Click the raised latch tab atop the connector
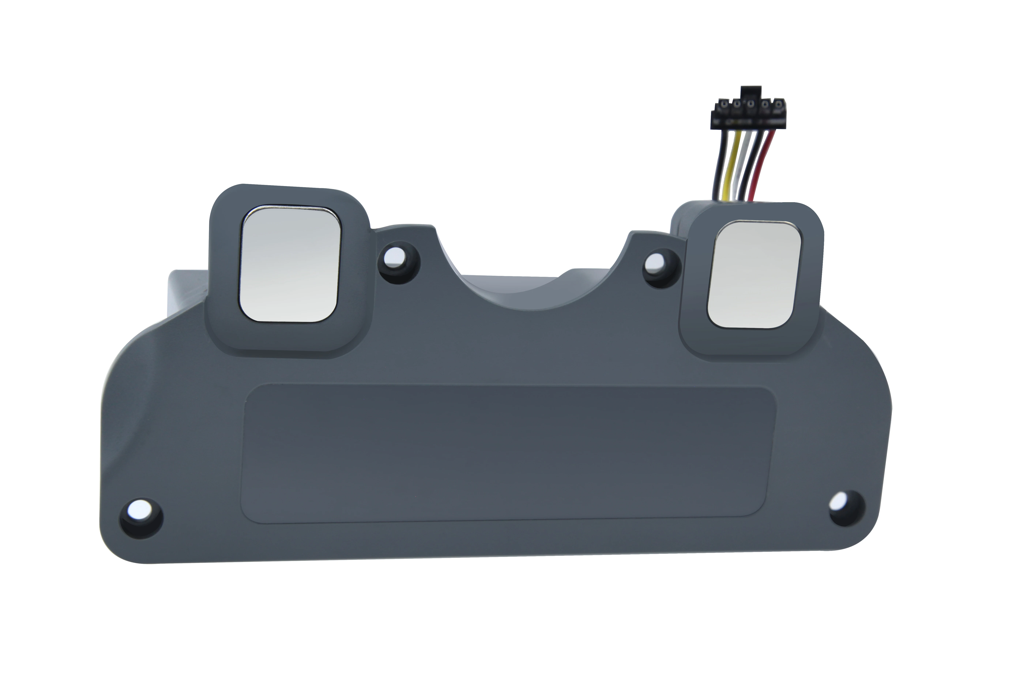tap(751, 93)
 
